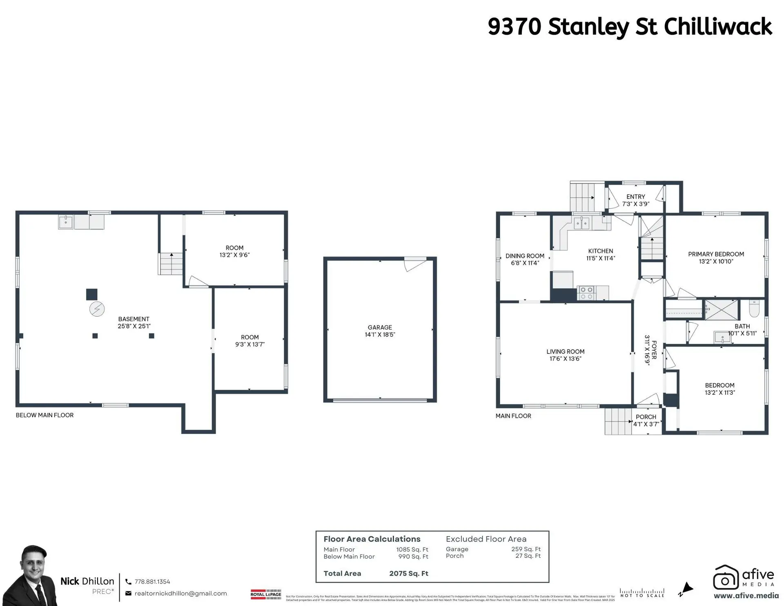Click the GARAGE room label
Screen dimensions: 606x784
[x=379, y=327]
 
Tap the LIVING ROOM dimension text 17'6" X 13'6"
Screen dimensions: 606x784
[x=565, y=359]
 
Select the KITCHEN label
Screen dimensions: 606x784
[x=600, y=251]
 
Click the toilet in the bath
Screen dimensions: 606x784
[x=754, y=309]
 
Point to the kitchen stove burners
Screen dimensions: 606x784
[x=587, y=293]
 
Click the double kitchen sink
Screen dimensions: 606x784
[x=581, y=223]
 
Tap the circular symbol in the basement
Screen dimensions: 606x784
[x=97, y=309]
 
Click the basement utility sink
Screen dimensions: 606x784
[x=65, y=222]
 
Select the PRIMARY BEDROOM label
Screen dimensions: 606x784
[x=716, y=254]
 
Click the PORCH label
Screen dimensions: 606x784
[x=646, y=417]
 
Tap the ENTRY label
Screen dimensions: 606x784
[x=635, y=197]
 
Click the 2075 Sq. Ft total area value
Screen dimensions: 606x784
[x=408, y=573]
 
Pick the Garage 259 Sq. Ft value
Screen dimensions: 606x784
[x=526, y=549]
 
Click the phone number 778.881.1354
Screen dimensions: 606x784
[x=152, y=581]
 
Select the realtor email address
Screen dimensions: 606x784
[x=180, y=593]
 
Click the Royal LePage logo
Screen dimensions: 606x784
[x=266, y=594]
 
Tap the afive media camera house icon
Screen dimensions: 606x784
[x=726, y=578]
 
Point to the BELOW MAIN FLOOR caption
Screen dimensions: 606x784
[x=45, y=415]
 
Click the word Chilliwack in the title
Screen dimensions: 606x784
[x=717, y=27]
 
